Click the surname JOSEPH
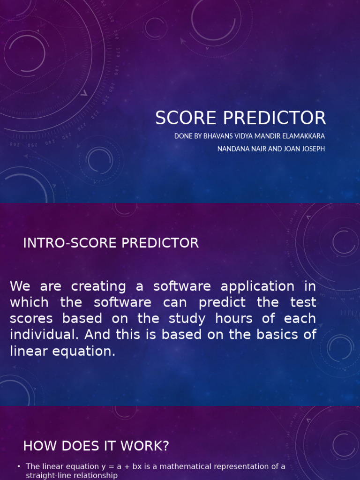click(309, 149)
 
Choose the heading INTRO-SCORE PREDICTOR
click(111, 243)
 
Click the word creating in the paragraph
click(98, 286)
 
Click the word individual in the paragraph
click(37, 335)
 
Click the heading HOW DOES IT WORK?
click(96, 446)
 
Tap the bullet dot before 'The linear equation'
click(18, 466)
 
